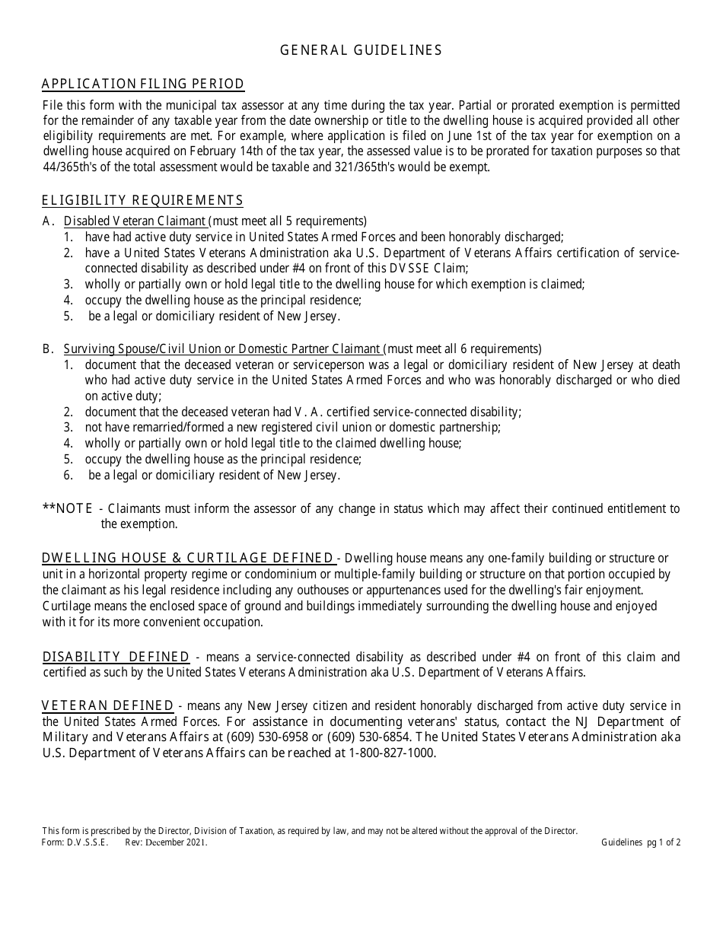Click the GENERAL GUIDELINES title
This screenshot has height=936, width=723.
coord(361,50)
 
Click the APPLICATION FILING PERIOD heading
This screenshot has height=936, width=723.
coord(143,84)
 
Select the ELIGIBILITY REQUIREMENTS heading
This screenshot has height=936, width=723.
coord(142,201)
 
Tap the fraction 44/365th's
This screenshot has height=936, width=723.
coord(72,167)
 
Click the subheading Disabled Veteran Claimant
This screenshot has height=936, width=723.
coord(135,221)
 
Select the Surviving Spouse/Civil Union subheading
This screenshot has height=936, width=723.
coord(222,349)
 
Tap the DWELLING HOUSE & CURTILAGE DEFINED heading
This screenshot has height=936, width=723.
coord(188,559)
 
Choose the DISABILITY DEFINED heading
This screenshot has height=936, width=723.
coord(116,657)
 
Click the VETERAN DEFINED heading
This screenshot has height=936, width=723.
coord(107,706)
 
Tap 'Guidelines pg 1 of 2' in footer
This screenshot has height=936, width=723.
coord(641,842)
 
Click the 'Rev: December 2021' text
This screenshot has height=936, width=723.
coord(166,842)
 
